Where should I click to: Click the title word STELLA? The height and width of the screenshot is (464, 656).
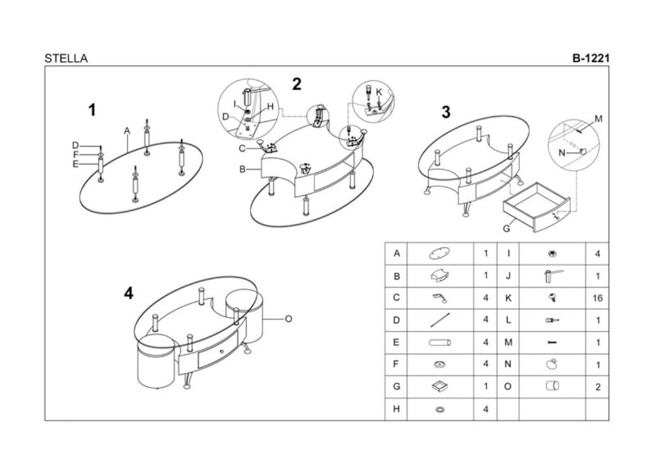pos(66,58)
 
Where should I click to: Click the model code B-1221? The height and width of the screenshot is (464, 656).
pos(590,58)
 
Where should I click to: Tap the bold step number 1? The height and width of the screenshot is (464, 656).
pos(92,110)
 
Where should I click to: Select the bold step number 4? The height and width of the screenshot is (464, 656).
pos(128,293)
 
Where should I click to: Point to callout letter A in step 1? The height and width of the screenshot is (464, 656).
pos(127,131)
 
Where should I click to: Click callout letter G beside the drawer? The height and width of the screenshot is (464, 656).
pos(506,228)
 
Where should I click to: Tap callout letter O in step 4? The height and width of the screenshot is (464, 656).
pos(288,319)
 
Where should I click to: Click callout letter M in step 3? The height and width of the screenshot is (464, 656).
pos(598,119)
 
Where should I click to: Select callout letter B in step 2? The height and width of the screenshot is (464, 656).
pos(242,169)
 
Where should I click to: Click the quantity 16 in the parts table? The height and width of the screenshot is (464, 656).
pos(597,298)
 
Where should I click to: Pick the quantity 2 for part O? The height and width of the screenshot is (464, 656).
pos(598,387)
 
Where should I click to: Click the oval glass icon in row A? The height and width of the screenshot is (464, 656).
pos(440,254)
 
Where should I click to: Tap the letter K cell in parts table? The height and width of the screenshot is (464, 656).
pos(508,298)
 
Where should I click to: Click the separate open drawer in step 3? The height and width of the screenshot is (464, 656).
pos(536,208)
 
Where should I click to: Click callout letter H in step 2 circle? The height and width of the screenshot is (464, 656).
pos(270,107)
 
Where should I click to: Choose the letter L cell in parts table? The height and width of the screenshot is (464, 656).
pos(508,320)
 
